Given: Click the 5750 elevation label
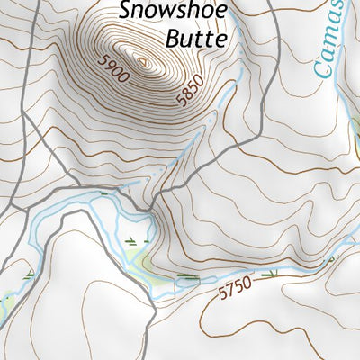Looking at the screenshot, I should [x=236, y=290].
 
